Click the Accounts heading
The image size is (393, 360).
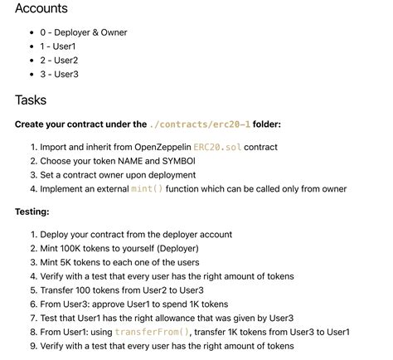[x=41, y=9]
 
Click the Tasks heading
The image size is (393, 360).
[x=31, y=100]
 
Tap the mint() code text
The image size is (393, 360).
[x=148, y=189]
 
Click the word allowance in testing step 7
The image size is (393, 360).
[x=181, y=318]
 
